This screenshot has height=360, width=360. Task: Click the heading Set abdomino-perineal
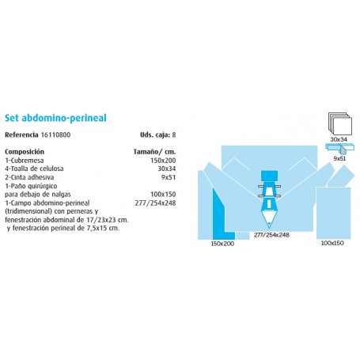[55, 117]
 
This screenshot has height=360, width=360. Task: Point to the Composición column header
[25, 150]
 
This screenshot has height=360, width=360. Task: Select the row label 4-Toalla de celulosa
[34, 168]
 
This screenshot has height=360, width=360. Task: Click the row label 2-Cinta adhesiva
[29, 176]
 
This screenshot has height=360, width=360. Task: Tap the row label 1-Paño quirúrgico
[30, 185]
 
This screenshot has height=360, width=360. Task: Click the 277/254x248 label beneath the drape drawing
[271, 235]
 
